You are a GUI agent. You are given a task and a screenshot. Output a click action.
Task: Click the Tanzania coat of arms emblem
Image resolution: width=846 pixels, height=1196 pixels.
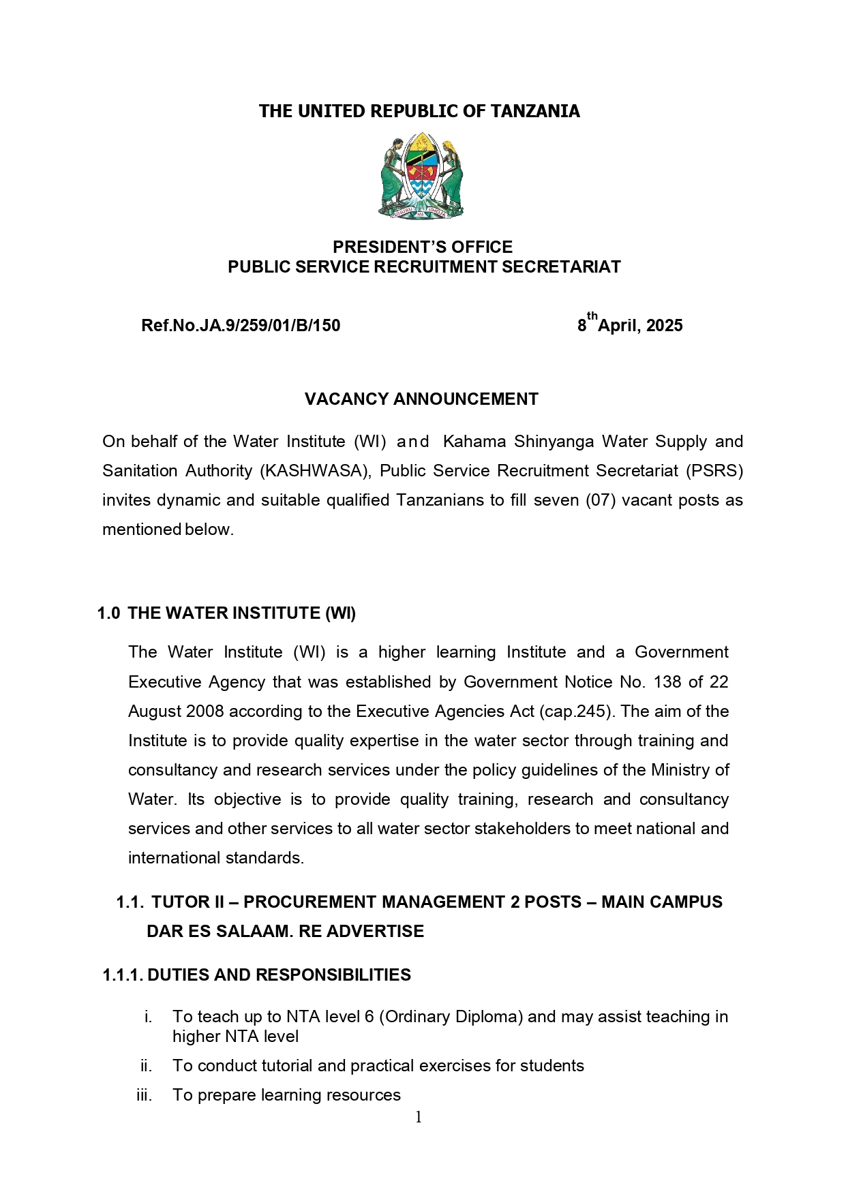pos(421,177)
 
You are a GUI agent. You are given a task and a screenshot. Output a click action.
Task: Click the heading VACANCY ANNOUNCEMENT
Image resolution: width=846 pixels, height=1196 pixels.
pos(421,399)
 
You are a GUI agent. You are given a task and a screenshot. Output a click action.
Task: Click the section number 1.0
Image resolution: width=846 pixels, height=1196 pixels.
pos(108,613)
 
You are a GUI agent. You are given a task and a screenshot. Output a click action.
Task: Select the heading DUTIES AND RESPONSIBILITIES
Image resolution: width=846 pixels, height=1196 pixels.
pos(279,975)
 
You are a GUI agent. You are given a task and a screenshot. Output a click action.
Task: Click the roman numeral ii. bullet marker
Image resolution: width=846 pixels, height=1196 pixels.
pos(147,1066)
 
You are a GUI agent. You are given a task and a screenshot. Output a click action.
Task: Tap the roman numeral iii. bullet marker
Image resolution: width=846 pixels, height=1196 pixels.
pos(145,1095)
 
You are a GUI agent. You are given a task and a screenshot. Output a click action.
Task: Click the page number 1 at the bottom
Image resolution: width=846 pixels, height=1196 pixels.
pos(419,1117)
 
